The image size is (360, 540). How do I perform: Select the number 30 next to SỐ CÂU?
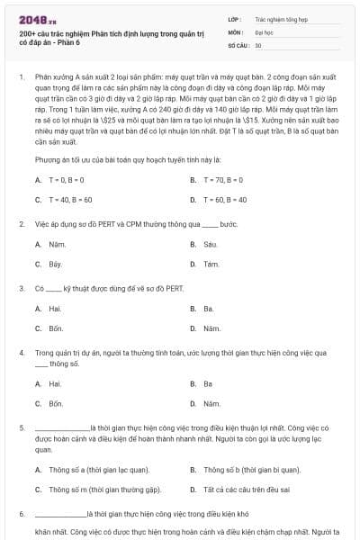click(258, 44)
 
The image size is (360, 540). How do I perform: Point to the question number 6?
click(21, 513)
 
